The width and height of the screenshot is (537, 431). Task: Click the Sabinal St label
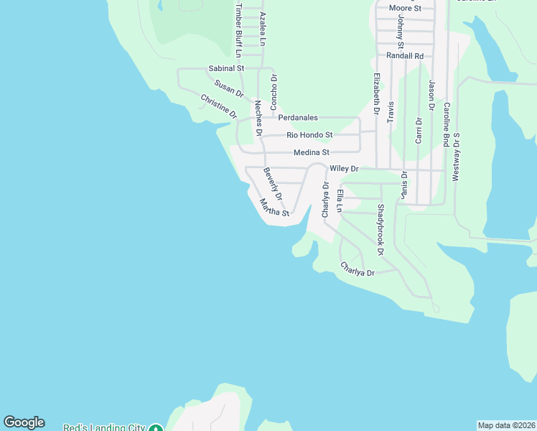point(226,68)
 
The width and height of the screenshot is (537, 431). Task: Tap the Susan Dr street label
point(229,89)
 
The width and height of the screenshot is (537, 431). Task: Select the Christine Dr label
point(218,106)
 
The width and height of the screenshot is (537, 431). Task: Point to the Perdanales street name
point(298,118)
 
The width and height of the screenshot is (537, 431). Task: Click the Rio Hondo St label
point(309,135)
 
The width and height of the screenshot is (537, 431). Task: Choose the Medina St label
point(311,152)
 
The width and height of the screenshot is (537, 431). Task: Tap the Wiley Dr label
point(343,169)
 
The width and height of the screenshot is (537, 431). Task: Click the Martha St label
point(274,208)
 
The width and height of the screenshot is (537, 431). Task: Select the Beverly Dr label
point(273,184)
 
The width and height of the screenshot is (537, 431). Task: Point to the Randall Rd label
point(405,55)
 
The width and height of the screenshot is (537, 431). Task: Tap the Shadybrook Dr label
point(380,229)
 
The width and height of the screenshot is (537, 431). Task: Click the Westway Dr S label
point(456,156)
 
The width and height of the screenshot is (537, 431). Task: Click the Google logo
point(24,422)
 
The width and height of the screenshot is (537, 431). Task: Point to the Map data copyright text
point(507,425)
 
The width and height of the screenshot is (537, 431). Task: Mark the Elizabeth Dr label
point(375,93)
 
